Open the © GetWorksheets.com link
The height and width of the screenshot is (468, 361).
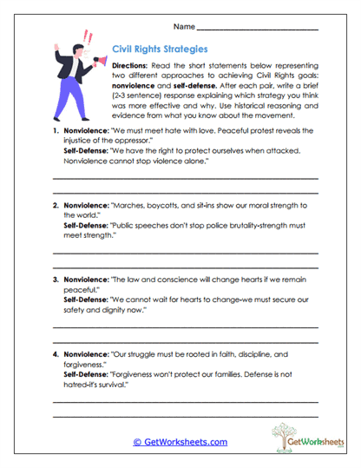pyautogui.click(x=180, y=442)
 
